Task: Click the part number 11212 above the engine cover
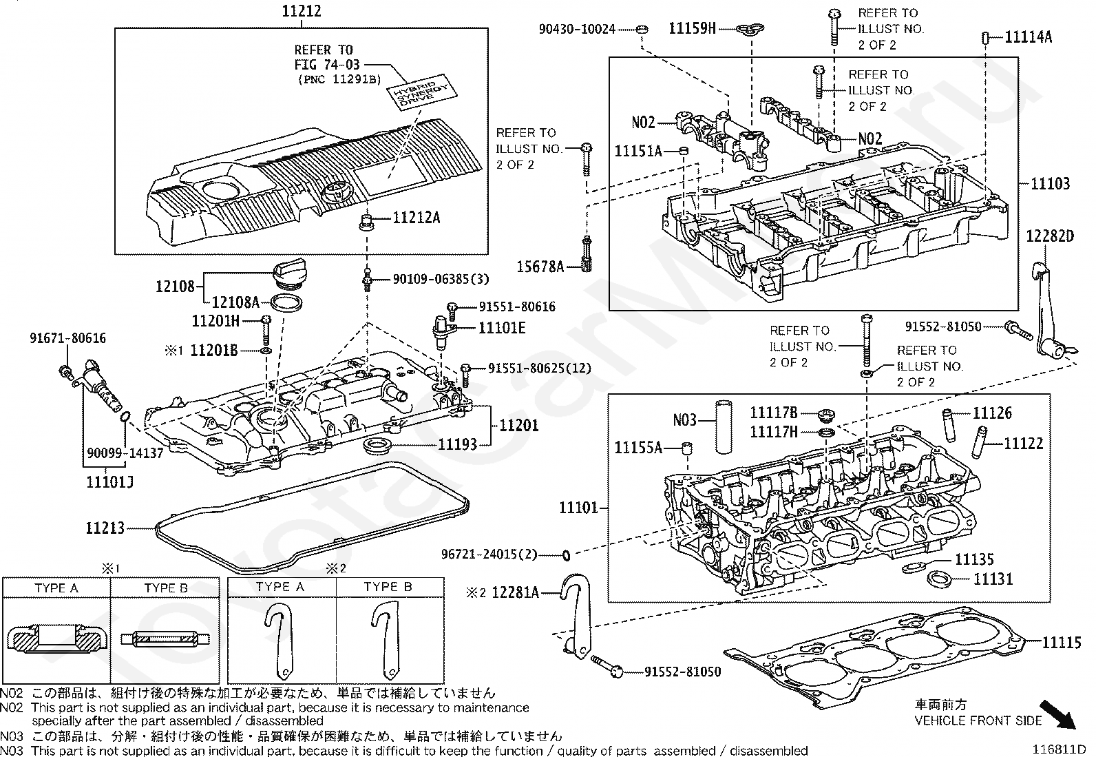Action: [x=302, y=12]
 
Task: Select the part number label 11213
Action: [x=105, y=528]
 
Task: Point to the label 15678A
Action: [x=540, y=266]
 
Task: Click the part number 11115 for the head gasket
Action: [x=1062, y=643]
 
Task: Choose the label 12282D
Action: [x=1051, y=236]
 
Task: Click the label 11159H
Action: [x=693, y=28]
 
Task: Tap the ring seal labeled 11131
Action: [x=938, y=579]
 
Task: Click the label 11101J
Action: [x=110, y=481]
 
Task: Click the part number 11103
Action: [x=1050, y=183]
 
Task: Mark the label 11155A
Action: [x=638, y=448]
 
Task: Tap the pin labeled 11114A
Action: [x=985, y=38]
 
